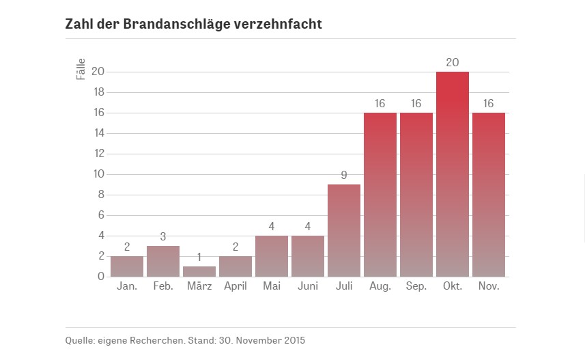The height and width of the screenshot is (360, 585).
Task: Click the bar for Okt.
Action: click(x=452, y=174)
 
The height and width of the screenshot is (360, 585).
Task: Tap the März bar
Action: click(x=199, y=271)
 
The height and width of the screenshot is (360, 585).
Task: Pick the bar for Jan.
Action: click(x=126, y=266)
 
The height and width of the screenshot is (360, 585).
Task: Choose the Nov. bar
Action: click(x=488, y=195)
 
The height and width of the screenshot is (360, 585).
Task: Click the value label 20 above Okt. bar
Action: click(x=452, y=62)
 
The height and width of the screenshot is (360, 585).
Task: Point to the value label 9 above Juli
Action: click(x=343, y=175)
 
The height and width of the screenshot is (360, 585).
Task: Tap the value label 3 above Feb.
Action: click(x=162, y=236)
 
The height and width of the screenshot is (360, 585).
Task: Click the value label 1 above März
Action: click(x=199, y=257)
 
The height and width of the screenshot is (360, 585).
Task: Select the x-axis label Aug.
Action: click(x=380, y=286)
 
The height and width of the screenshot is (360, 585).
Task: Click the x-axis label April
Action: click(x=236, y=286)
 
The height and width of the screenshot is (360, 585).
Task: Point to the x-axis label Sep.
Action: click(x=416, y=286)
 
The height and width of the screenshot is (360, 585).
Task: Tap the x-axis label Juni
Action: click(x=307, y=286)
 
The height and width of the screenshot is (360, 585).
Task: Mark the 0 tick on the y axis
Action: click(x=100, y=277)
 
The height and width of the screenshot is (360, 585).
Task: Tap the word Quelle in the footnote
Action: click(x=79, y=340)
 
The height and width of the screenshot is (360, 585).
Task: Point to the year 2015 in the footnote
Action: click(x=294, y=340)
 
